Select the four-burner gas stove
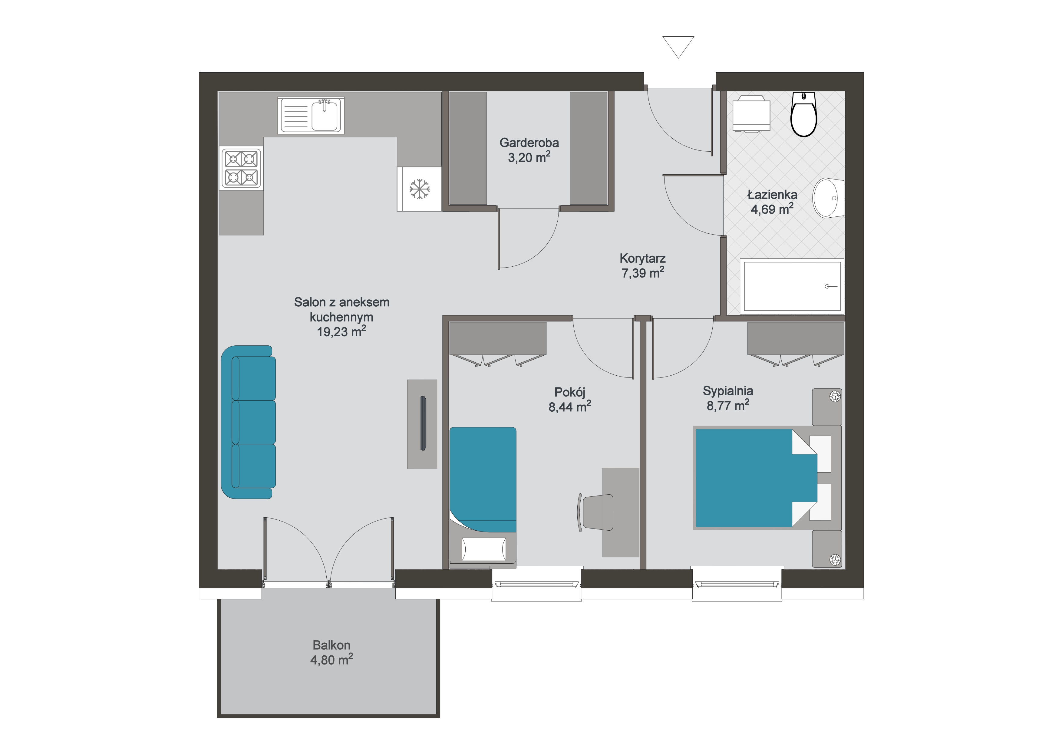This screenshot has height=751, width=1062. [x=241, y=168]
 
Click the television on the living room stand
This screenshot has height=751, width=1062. [x=423, y=423]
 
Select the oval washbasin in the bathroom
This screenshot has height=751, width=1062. [x=828, y=198]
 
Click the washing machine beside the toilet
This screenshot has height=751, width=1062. [x=751, y=114]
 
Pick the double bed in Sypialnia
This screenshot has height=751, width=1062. [x=767, y=478]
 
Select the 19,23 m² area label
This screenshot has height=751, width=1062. [x=341, y=331]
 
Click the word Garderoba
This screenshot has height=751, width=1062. [x=529, y=143]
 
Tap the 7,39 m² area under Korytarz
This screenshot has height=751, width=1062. [x=643, y=273]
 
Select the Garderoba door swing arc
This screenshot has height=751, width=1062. [x=542, y=252]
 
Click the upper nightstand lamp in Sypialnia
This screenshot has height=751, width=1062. [x=835, y=396]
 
